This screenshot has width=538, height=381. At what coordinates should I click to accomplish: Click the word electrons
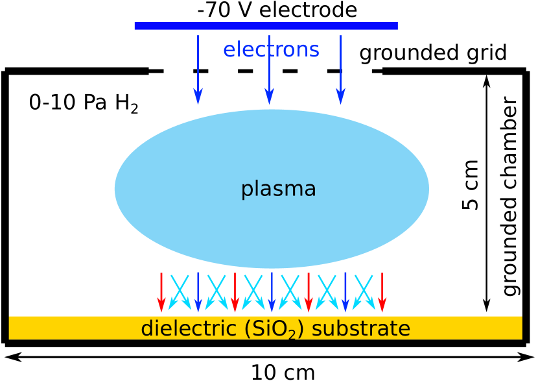point(271,50)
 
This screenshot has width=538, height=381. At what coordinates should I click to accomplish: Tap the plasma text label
point(278,189)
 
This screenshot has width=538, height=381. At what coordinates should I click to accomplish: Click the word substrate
point(360,328)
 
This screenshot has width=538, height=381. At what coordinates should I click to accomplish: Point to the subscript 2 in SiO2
point(292,335)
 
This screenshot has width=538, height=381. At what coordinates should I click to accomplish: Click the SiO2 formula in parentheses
point(274,329)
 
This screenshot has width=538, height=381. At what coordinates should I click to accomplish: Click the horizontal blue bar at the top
point(266,26)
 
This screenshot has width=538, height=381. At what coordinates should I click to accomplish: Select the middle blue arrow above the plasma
point(269,71)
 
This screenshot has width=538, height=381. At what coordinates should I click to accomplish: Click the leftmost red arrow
point(161,292)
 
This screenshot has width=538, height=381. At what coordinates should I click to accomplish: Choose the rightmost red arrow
point(382,292)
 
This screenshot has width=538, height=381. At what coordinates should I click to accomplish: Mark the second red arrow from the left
point(235,292)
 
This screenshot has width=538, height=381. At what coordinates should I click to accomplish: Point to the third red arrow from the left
point(309,292)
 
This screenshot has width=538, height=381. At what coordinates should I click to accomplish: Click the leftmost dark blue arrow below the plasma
point(198,292)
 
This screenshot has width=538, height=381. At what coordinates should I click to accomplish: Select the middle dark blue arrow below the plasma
point(272,292)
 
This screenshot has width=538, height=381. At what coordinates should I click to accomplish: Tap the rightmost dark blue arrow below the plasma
point(345,292)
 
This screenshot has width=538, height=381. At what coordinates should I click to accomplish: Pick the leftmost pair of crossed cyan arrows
point(180,292)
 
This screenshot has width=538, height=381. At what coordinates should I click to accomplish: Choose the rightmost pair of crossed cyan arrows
point(364,292)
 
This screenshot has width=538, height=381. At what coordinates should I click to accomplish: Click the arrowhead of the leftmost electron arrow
point(198,96)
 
